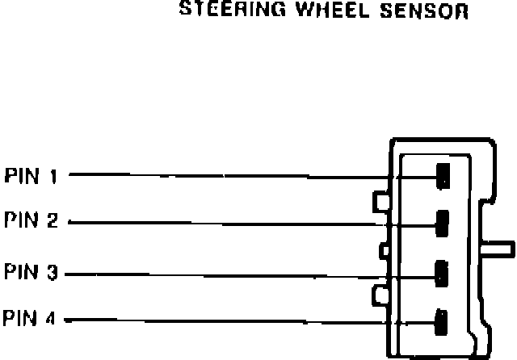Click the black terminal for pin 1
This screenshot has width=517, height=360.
pos(442,175)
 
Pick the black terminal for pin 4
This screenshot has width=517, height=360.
pos(442,320)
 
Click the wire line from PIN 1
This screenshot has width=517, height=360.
pos(226,174)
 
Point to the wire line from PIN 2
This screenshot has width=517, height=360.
pos(226,221)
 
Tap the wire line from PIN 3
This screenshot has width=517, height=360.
pos(226,274)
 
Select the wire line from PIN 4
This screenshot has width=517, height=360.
pos(226,320)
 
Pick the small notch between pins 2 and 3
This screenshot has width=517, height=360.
pos(384,250)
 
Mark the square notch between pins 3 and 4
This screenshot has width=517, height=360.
pos(380,295)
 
